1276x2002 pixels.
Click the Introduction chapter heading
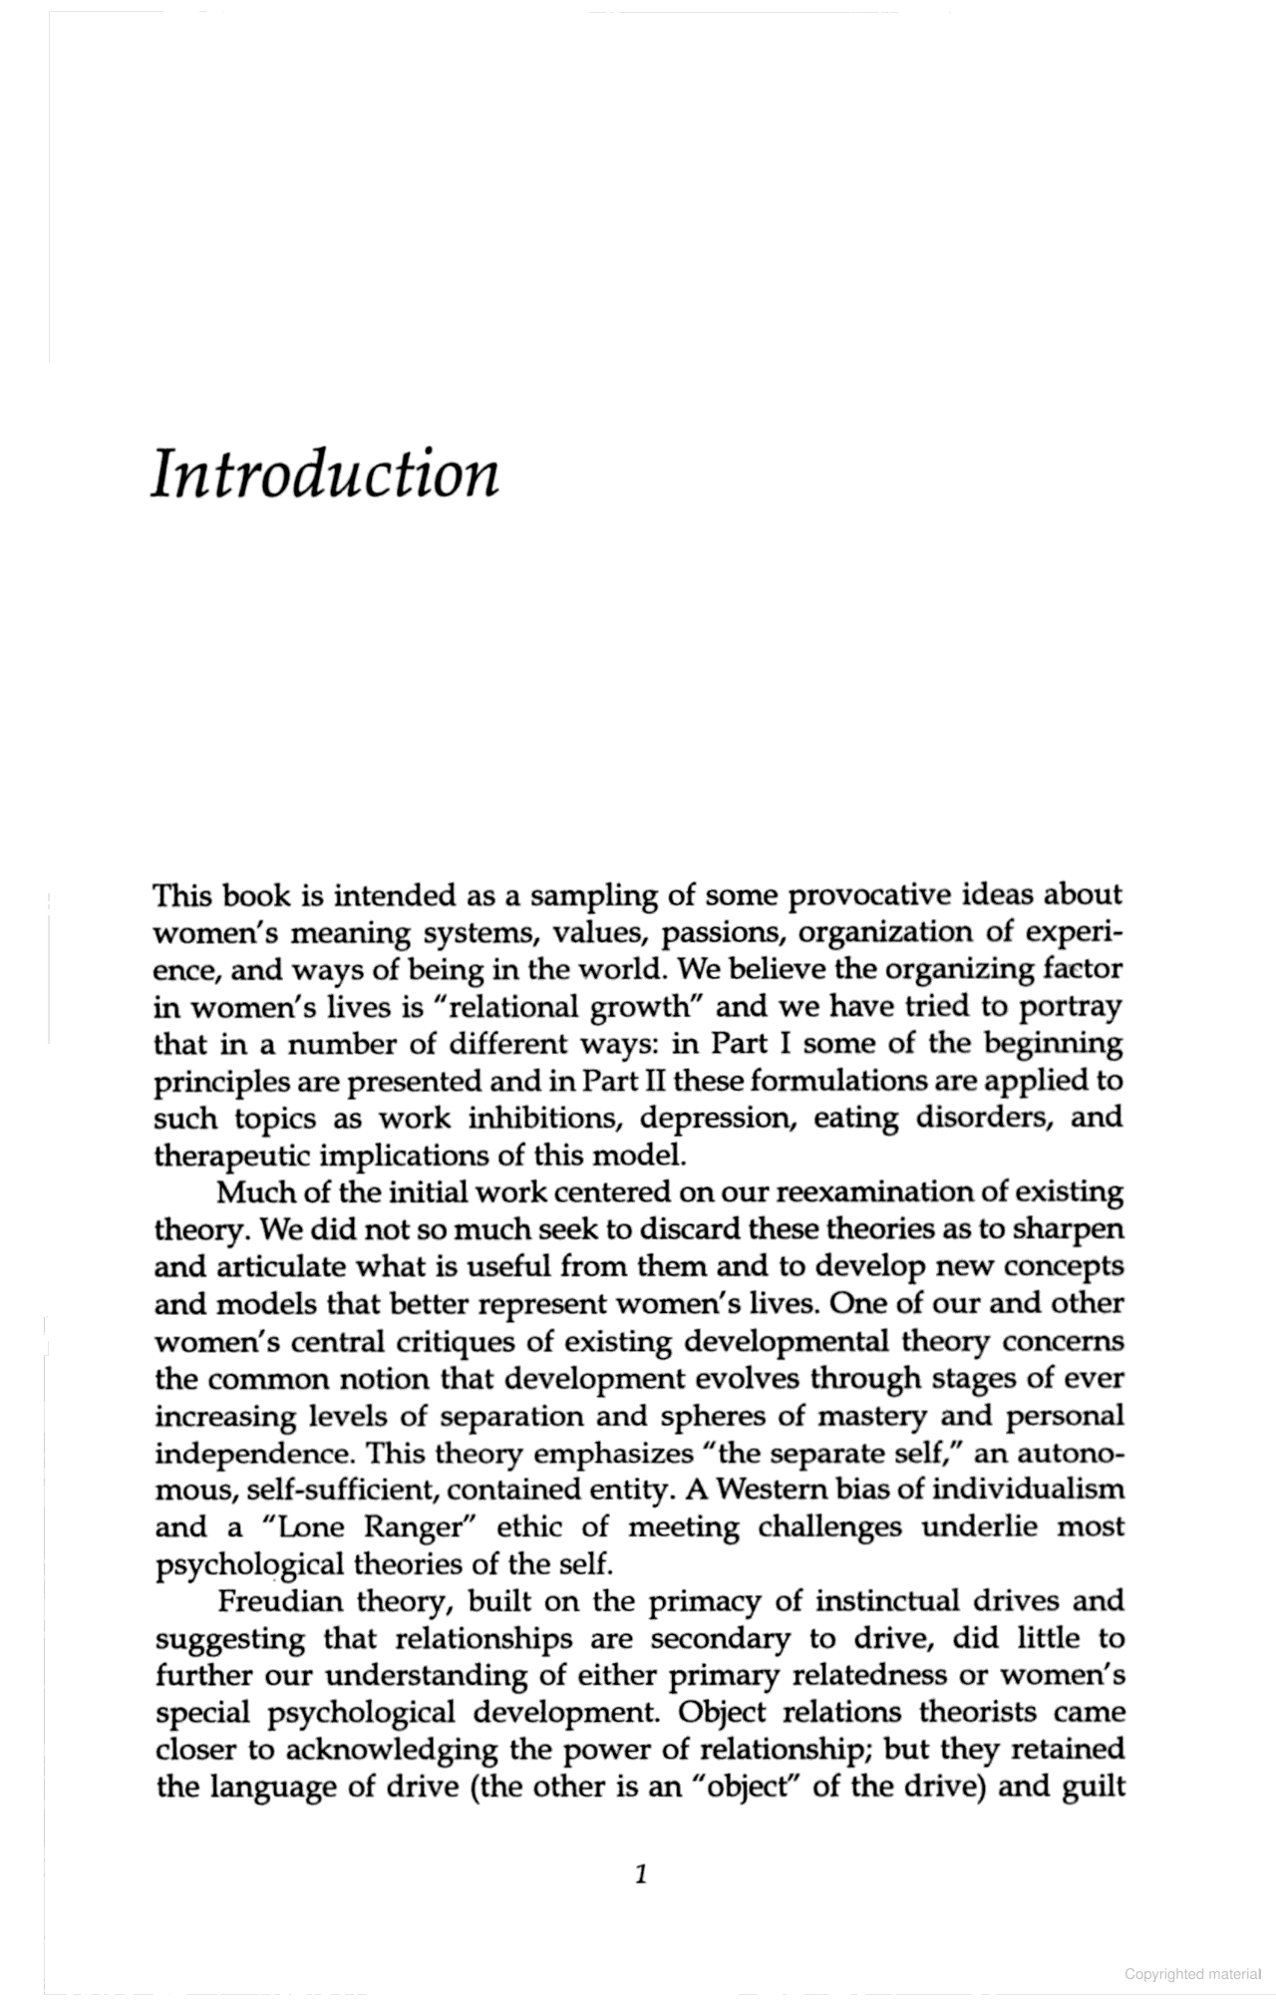click(325, 474)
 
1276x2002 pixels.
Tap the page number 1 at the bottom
click(641, 1874)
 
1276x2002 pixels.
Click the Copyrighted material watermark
click(1192, 1974)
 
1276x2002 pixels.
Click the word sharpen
click(1068, 1229)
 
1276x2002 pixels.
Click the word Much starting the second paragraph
click(250, 1192)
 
